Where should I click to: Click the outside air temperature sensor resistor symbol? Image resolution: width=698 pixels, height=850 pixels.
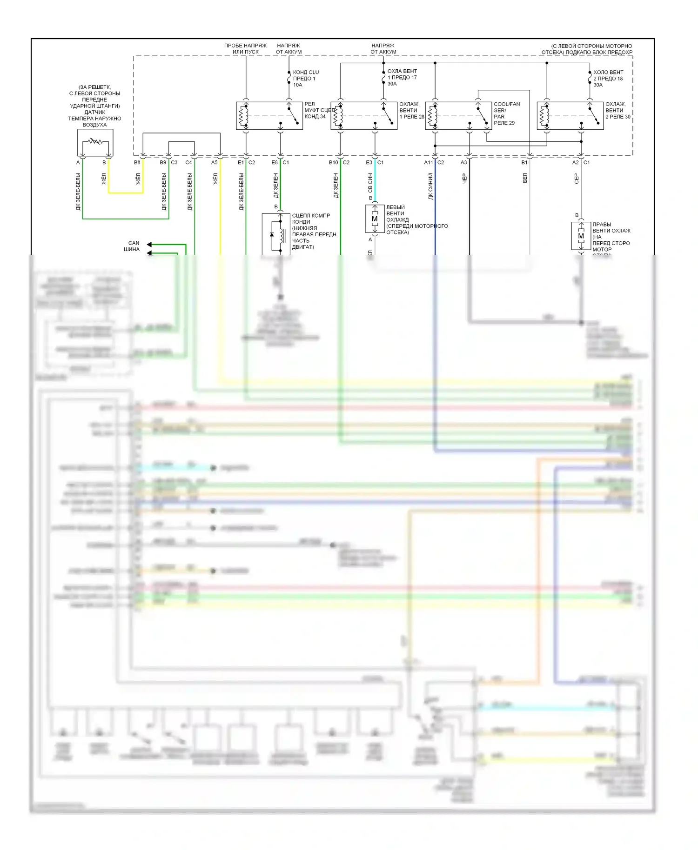click(95, 141)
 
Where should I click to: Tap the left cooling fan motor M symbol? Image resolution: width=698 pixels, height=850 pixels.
click(375, 219)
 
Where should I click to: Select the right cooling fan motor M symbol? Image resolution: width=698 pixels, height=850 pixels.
click(581, 236)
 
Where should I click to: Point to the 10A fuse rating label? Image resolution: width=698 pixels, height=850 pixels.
click(298, 85)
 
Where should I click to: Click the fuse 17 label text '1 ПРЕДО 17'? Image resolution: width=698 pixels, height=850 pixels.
click(402, 78)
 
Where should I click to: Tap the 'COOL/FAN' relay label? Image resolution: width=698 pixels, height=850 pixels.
click(507, 104)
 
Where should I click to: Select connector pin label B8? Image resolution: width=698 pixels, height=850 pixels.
click(137, 163)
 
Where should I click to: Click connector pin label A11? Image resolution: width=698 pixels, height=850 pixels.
click(428, 163)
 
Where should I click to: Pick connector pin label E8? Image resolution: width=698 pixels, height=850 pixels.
click(275, 163)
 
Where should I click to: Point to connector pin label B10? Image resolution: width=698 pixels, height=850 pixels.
click(333, 163)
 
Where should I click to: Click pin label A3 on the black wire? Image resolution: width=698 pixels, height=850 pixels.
click(463, 163)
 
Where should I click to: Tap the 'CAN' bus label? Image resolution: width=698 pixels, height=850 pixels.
click(134, 243)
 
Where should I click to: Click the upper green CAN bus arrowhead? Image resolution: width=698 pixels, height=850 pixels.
click(149, 244)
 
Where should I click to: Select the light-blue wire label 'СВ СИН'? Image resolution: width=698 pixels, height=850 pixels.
click(370, 183)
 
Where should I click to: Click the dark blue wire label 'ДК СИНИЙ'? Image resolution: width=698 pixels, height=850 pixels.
click(430, 186)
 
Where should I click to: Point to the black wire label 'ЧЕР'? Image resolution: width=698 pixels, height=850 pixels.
click(464, 179)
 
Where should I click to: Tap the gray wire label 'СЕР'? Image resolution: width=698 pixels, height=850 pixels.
click(576, 179)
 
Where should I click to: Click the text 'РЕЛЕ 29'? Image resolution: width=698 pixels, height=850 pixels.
click(504, 123)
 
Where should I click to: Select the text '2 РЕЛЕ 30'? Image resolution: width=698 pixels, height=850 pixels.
click(617, 117)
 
